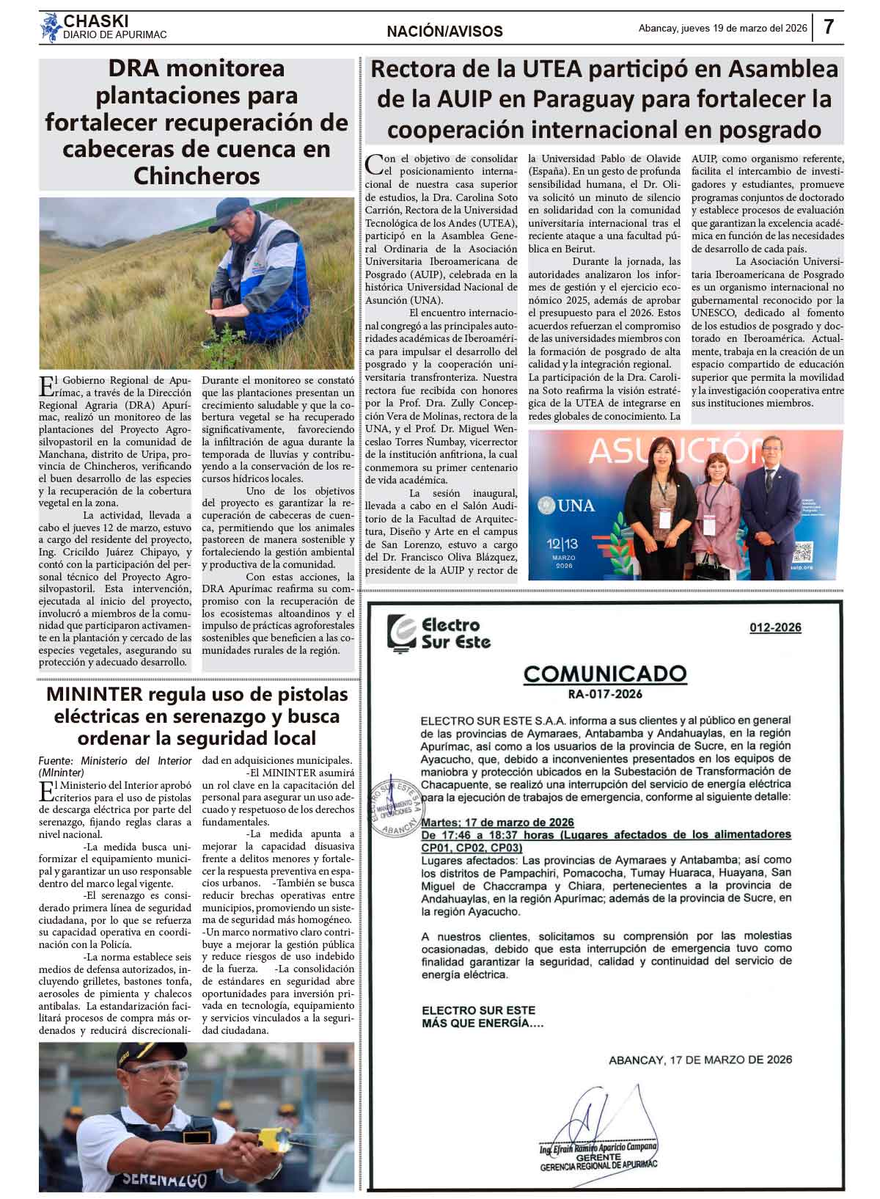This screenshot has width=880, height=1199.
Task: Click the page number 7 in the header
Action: [x=829, y=27]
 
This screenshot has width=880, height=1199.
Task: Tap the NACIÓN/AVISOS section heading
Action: [x=444, y=32]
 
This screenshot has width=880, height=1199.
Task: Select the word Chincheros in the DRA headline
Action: [x=197, y=176]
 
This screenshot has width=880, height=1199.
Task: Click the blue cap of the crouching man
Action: [x=235, y=211]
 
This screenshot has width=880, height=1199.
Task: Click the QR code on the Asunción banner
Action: [x=803, y=552]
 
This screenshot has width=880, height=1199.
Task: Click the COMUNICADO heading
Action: [x=604, y=674]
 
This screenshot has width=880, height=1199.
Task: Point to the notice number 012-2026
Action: [x=775, y=627]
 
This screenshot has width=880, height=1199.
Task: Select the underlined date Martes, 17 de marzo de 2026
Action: [x=497, y=822]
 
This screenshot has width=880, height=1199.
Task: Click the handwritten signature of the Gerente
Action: [x=587, y=1119]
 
